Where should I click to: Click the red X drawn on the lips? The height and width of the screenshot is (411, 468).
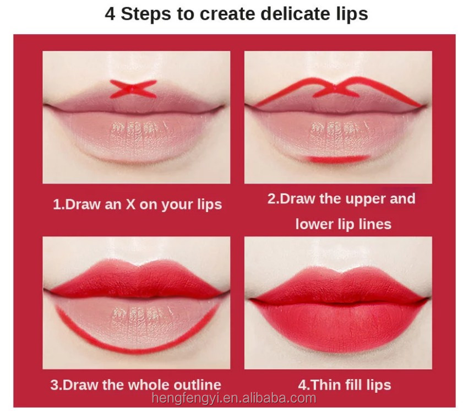[133, 89]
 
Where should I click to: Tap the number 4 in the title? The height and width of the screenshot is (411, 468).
[110, 14]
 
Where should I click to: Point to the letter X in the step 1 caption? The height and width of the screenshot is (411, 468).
[130, 204]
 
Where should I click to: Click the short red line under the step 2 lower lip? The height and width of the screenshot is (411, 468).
[339, 159]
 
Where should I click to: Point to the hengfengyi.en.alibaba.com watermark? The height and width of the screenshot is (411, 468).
[233, 398]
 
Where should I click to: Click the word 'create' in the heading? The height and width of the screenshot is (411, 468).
[228, 14]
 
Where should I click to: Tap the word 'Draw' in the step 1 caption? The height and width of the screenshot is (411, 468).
[82, 204]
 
